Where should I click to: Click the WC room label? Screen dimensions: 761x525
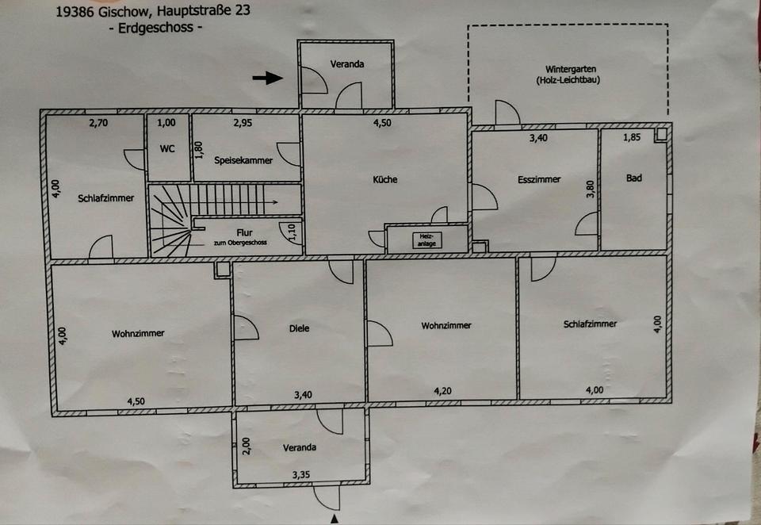[167, 148]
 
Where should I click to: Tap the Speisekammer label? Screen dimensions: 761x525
[243, 160]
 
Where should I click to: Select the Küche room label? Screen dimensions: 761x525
[385, 179]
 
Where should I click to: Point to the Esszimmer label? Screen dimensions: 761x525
[539, 179]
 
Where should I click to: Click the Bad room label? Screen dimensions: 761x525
[634, 178]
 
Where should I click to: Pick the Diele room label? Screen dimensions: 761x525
[299, 328]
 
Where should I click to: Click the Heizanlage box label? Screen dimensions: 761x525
[426, 240]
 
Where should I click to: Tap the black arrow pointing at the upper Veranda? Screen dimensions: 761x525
[267, 78]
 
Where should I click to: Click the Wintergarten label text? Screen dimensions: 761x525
[570, 69]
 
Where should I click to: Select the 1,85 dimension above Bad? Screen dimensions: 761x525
[632, 137]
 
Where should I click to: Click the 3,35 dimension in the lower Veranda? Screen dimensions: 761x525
[301, 474]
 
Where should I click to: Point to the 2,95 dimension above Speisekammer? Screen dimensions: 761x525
[243, 123]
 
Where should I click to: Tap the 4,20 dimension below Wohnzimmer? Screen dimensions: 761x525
[442, 391]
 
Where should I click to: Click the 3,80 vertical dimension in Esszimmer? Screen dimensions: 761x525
[590, 190]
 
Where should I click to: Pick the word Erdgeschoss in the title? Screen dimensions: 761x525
[156, 28]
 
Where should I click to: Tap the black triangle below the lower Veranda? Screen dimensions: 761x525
[335, 519]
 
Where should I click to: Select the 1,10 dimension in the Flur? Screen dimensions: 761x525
[292, 232]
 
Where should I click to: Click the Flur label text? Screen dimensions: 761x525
[244, 232]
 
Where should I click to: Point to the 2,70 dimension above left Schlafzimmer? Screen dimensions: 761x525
[98, 123]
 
